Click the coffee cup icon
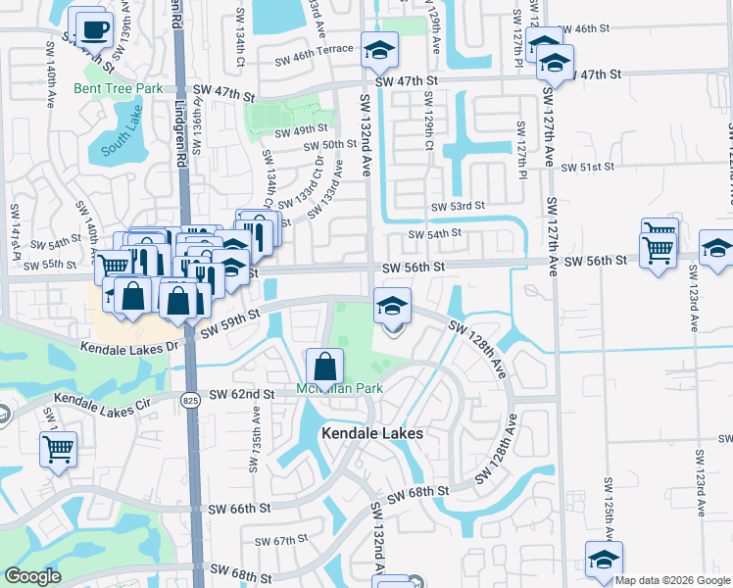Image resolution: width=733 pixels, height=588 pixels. (x=93, y=30)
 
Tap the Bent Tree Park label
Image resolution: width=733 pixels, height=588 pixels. (x=118, y=88)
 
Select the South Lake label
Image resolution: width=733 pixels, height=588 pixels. (x=121, y=143)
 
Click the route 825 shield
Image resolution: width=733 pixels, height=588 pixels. (x=190, y=399)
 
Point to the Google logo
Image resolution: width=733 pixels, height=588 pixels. (x=32, y=576)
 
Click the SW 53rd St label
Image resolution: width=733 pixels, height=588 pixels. (x=459, y=206)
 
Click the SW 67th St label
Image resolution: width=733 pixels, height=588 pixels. (x=281, y=541)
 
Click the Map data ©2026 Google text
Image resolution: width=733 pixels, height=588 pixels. (x=671, y=580)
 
